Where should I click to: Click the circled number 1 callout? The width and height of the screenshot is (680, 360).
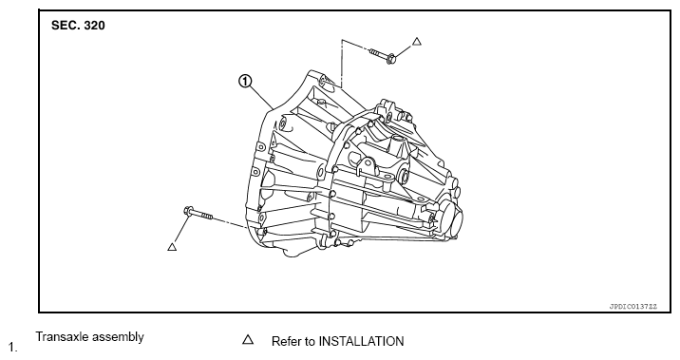(245, 81)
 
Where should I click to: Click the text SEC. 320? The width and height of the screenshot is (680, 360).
(78, 25)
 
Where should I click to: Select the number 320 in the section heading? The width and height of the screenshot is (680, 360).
(94, 25)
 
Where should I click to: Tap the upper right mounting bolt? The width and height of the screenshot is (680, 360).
(382, 55)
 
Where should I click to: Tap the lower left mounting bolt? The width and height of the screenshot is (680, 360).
(198, 213)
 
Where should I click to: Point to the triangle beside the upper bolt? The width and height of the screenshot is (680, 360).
(416, 42)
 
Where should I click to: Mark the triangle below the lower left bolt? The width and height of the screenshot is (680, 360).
(172, 247)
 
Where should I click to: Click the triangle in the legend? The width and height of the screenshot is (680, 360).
(248, 339)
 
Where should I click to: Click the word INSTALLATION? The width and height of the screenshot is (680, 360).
(361, 341)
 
